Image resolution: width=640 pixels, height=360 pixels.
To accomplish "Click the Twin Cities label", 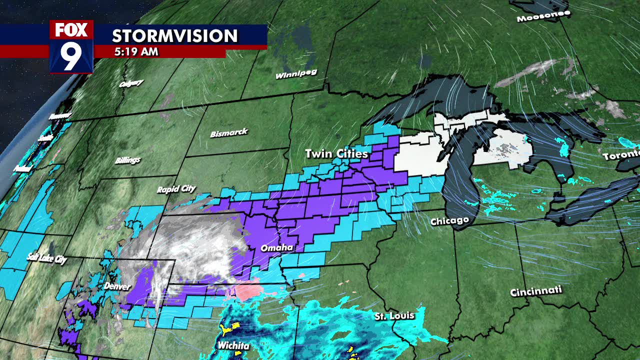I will [336, 153].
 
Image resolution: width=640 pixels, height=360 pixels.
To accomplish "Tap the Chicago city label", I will [450, 221].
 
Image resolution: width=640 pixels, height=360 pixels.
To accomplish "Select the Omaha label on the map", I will [276, 248].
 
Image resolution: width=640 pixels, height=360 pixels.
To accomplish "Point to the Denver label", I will [117, 286].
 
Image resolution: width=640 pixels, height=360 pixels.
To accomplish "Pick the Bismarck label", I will [229, 133].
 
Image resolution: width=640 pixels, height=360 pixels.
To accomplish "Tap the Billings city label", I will [127, 160].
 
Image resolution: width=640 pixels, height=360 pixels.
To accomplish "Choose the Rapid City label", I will [176, 189].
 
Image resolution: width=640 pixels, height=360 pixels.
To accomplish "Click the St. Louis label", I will [394, 316].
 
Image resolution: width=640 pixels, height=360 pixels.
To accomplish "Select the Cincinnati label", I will [536, 291].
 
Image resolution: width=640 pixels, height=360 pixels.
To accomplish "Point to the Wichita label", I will [233, 345].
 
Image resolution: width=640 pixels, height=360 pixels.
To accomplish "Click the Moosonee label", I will [543, 16].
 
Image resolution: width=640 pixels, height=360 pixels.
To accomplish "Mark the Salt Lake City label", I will [46, 258].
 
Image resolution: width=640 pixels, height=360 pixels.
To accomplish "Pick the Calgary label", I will [131, 83].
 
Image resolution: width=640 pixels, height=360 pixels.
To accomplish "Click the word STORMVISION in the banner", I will [174, 36].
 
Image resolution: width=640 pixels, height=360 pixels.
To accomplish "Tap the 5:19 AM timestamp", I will [136, 51].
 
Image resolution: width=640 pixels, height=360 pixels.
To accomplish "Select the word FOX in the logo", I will [71, 30].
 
